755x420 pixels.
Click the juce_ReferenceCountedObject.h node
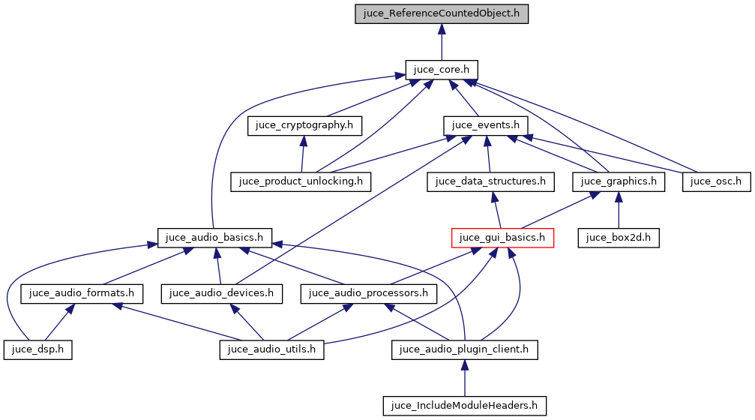(442, 13)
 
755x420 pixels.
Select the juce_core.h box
(442, 69)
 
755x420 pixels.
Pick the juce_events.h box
(487, 124)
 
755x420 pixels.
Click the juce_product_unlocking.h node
(301, 181)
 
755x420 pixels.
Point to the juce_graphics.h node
(619, 181)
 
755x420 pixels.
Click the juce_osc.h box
(716, 181)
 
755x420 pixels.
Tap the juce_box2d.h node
(618, 238)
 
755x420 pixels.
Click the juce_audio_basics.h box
(214, 238)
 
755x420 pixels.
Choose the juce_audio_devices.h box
(223, 293)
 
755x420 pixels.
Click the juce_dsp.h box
(37, 349)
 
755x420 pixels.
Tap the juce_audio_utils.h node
(271, 349)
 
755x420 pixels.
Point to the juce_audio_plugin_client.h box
(465, 349)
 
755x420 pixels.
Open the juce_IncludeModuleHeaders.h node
(465, 406)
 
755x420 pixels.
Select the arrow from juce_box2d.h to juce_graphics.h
(618, 209)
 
